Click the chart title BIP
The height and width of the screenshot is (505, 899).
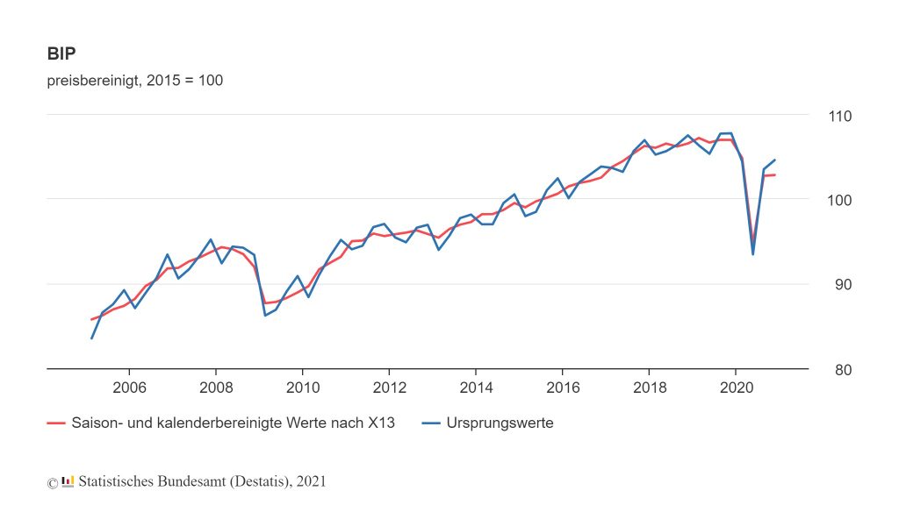coord(61,53)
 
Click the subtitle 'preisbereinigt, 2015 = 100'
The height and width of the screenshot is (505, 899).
coord(134,81)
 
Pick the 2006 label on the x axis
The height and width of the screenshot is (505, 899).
coord(129,388)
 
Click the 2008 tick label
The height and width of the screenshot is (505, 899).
coord(216,388)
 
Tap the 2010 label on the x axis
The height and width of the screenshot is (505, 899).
coord(302,388)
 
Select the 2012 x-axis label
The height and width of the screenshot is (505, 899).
coord(389,388)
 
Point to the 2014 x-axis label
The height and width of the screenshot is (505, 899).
coord(475,388)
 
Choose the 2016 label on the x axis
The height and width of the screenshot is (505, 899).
coord(562,388)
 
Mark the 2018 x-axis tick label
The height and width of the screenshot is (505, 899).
coord(649,388)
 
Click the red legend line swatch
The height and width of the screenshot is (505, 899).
coord(56,423)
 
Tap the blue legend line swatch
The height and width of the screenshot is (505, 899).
coord(430,423)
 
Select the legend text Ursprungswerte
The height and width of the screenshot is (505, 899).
coord(500,423)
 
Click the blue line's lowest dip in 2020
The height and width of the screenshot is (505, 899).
coord(753,254)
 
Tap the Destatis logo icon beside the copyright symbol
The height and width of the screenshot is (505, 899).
coord(68,481)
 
